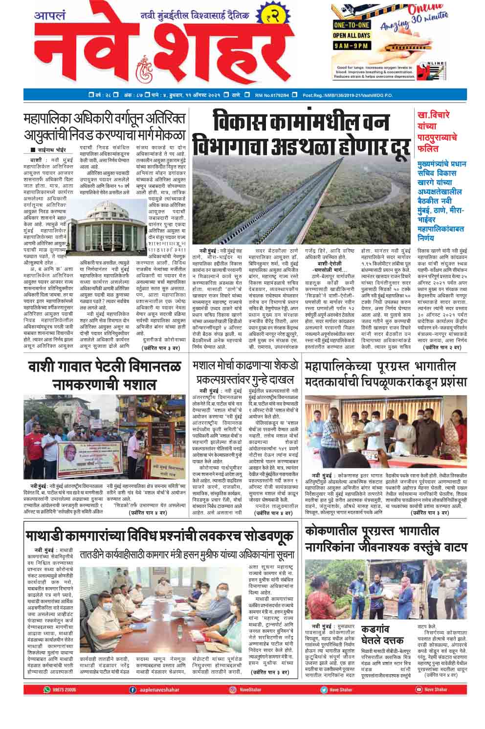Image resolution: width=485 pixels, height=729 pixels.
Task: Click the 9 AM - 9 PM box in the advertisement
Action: pyautogui.click(x=352, y=46)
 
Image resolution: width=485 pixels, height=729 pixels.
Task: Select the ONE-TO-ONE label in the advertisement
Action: pyautogui.click(x=352, y=25)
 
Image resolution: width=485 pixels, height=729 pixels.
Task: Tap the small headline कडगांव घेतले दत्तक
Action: pyautogui.click(x=382, y=634)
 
